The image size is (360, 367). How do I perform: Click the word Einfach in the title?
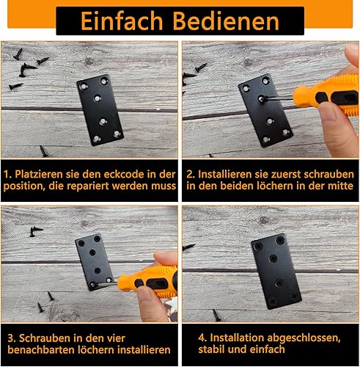pyautogui.click(x=122, y=21)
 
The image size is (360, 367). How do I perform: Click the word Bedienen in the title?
pyautogui.click(x=226, y=21)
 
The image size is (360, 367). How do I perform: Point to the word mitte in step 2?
pyautogui.click(x=340, y=186)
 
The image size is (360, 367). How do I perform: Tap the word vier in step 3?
pyautogui.click(x=116, y=338)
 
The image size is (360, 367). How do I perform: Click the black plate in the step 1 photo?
pyautogui.click(x=100, y=110)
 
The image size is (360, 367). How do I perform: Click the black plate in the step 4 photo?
pyautogui.click(x=276, y=271)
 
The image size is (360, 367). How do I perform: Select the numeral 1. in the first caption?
pyautogui.click(x=8, y=174)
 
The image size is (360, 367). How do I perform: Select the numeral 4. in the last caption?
pyautogui.click(x=202, y=338)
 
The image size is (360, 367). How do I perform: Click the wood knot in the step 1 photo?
pyautogui.click(x=89, y=61)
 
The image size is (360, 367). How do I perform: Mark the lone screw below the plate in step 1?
pyautogui.click(x=44, y=151)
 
